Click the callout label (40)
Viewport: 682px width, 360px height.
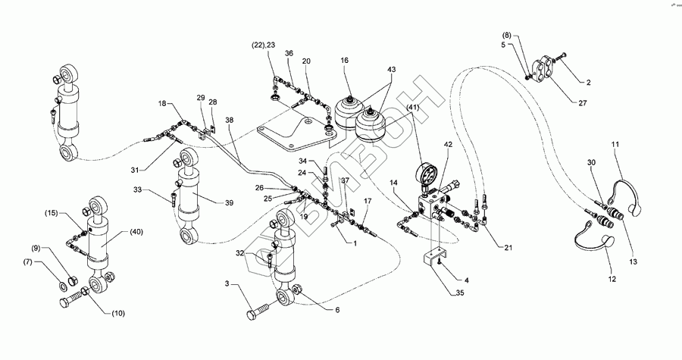(x=136, y=232)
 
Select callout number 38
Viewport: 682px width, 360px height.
(x=230, y=120)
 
